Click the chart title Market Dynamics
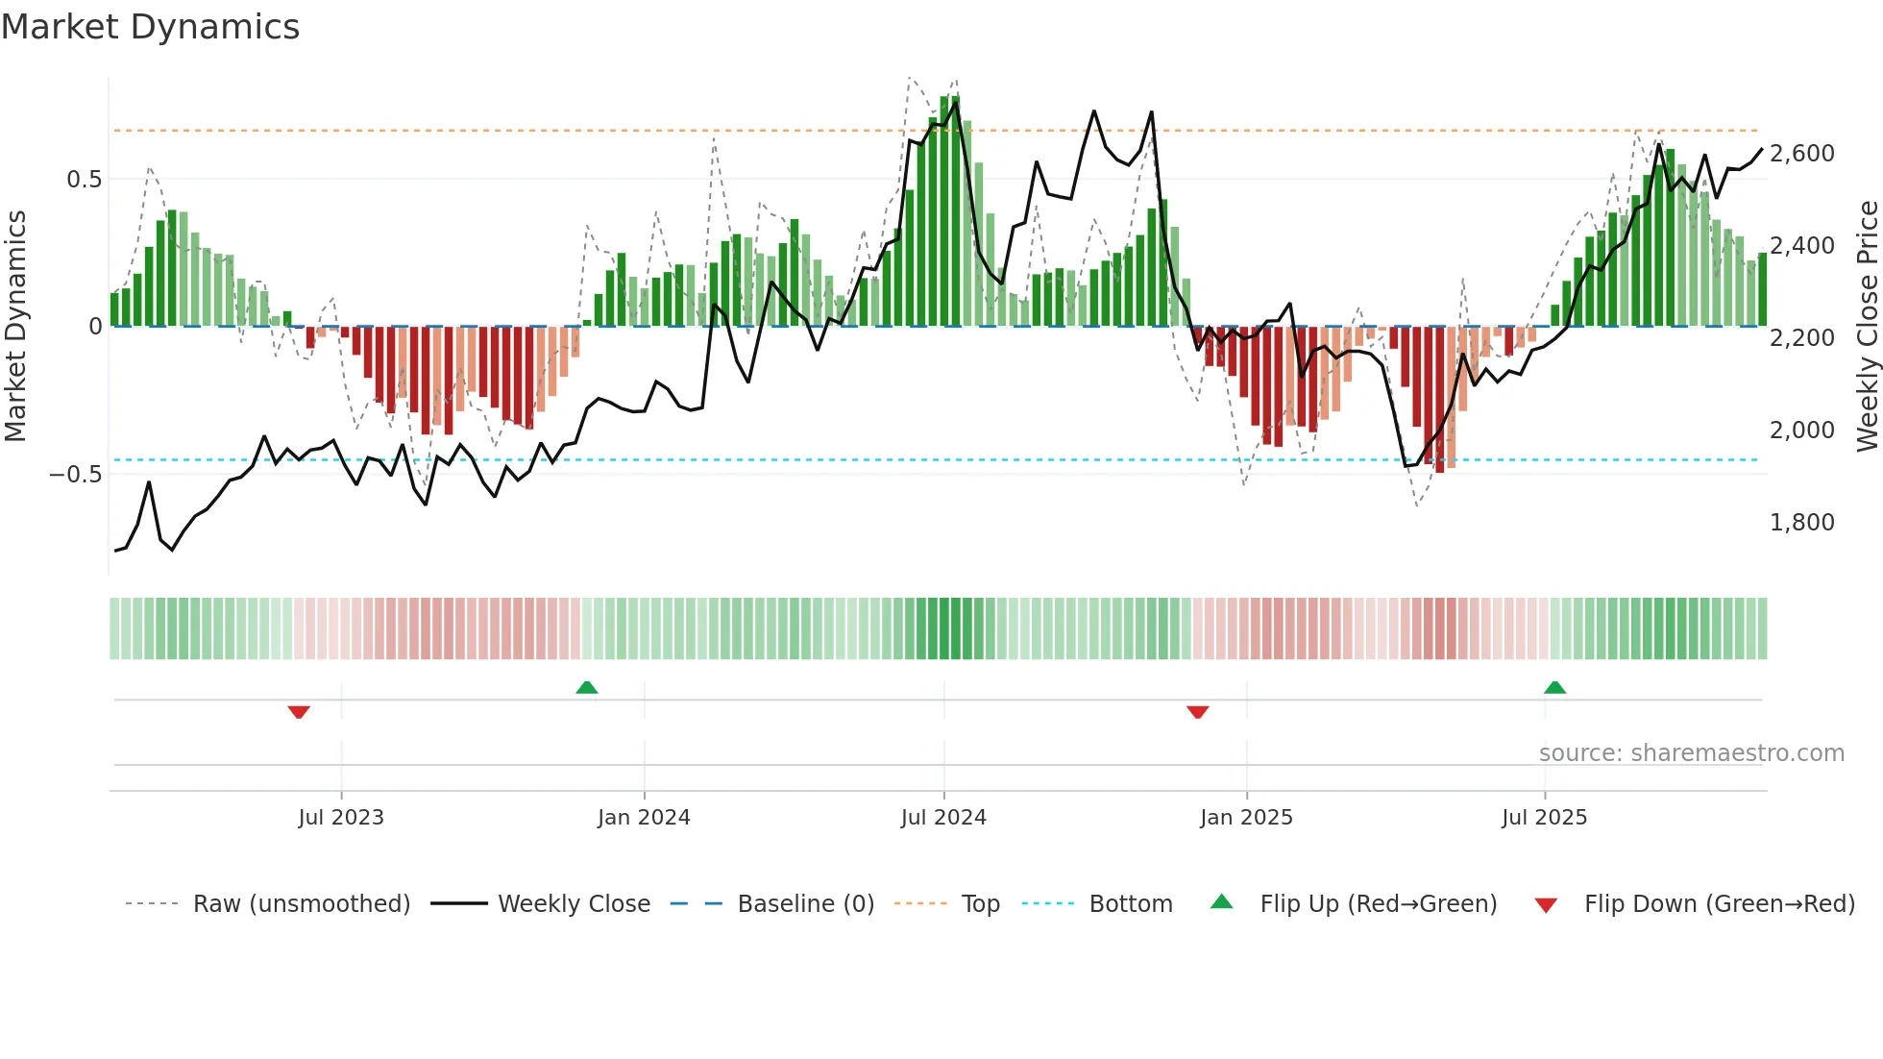coord(150,27)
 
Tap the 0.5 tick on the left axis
coord(84,180)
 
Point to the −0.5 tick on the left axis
coord(75,475)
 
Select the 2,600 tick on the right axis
coord(1801,154)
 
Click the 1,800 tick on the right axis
coord(1801,523)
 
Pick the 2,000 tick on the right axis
coord(1801,431)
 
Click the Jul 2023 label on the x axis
coord(341,818)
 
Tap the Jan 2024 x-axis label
coord(644,818)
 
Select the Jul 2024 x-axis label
coord(943,818)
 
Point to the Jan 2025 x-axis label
coord(1246,818)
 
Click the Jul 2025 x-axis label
coord(1544,818)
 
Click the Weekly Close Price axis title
coord(1867,327)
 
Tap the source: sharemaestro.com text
coord(1691,753)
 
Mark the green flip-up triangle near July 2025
coord(1554,687)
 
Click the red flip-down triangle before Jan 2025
coord(1197,712)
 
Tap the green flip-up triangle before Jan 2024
coord(586,687)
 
